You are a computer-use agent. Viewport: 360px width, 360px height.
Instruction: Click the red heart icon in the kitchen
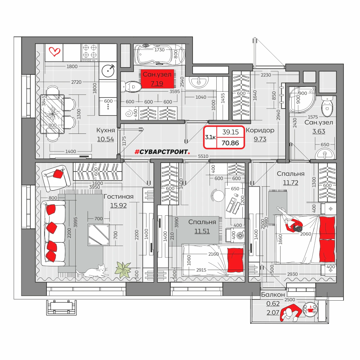pos(54,52)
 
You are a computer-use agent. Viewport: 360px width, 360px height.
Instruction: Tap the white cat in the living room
pos(93,271)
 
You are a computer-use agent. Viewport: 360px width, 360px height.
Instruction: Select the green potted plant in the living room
pos(122,269)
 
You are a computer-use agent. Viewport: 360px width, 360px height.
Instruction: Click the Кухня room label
pos(106,130)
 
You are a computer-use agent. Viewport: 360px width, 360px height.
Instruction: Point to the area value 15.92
pos(118,205)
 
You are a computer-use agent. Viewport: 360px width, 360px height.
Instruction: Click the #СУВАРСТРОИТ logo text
pos(162,152)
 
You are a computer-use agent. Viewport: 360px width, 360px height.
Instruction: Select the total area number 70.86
pos(230,143)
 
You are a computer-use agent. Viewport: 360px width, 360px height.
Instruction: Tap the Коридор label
pos(260,130)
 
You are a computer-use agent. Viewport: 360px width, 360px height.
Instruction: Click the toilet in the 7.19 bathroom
pos(131,86)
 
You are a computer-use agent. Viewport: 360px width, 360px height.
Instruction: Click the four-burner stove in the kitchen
pos(90,52)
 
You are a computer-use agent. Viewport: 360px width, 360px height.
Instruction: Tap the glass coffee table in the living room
pos(99,235)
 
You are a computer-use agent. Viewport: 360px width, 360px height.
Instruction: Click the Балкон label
pos(273,295)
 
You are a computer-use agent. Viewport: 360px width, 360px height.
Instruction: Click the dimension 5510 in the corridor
pos(203,156)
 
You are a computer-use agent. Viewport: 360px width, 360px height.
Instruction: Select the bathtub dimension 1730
pos(159,50)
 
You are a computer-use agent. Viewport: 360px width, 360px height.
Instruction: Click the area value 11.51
pos(202,231)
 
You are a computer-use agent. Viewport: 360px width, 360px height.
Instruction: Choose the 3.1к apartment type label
pos(210,137)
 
